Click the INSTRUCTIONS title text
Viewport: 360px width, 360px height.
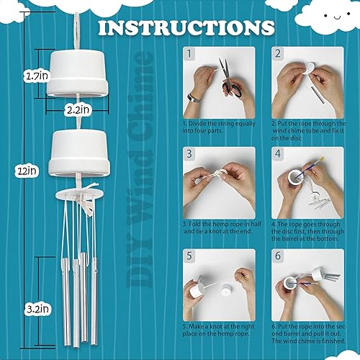(186, 28)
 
